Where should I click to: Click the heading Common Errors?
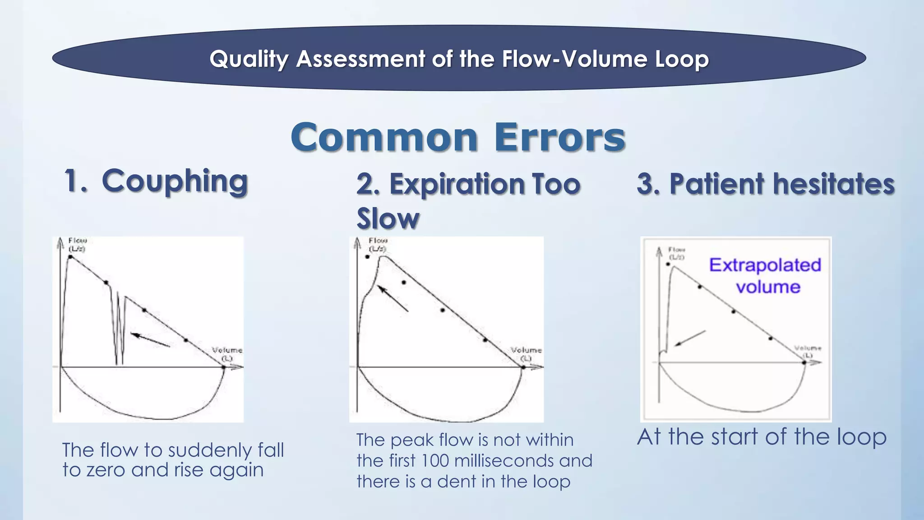[x=458, y=137]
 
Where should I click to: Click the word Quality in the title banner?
[x=249, y=59]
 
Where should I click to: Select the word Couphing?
[x=175, y=181]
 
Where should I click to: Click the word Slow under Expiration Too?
[x=388, y=219]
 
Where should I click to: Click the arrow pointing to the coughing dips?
[x=150, y=340]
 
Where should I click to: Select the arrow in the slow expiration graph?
[x=393, y=298]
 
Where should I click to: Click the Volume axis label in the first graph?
[x=227, y=353]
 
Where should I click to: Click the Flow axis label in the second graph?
[x=378, y=244]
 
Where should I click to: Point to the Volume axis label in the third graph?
[x=808, y=351]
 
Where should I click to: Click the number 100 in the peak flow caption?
[x=435, y=461]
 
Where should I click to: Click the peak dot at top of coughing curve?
[x=71, y=257]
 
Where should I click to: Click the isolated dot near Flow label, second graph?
[x=368, y=257]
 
